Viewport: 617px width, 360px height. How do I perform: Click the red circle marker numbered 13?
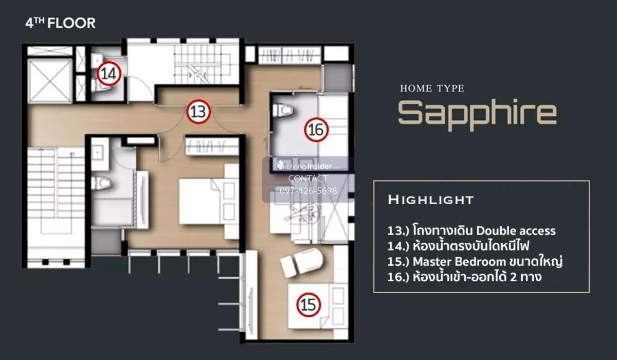point(198,112)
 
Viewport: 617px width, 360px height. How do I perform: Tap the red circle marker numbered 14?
point(109,74)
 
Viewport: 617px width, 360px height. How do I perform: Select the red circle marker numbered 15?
point(308,304)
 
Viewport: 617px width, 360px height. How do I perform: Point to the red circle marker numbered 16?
point(316,130)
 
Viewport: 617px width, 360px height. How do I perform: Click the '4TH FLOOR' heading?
point(60,23)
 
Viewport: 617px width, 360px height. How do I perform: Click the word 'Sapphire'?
point(478,114)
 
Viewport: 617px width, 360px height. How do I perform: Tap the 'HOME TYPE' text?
point(432,88)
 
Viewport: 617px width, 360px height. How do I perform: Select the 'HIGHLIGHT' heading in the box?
point(431,200)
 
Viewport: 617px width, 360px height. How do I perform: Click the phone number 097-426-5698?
point(308,191)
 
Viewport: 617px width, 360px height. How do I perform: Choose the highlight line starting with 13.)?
point(471,230)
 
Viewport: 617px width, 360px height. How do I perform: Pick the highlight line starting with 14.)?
point(458,245)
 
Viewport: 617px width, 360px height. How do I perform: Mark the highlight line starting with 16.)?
point(464,276)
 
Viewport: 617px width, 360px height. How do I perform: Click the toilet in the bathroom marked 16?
point(283,110)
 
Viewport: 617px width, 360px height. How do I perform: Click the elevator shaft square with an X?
point(50,80)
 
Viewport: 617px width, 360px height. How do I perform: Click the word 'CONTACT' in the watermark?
point(308,178)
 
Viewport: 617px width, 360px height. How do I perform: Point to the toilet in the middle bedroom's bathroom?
point(101,183)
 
